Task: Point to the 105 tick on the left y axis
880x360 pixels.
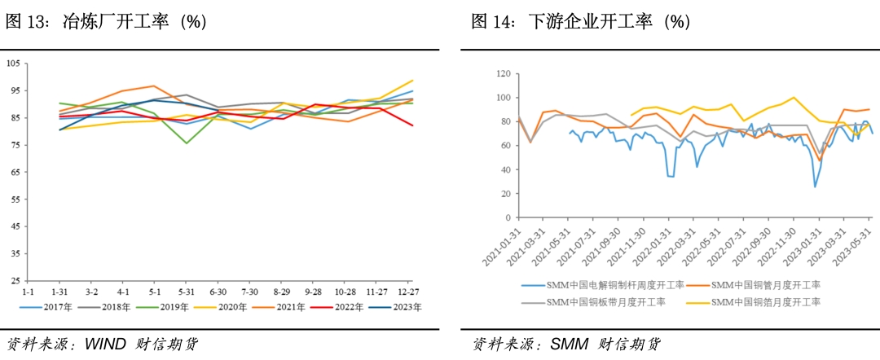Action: click(14, 63)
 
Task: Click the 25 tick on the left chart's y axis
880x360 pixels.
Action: click(15, 281)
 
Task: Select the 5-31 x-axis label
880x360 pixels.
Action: click(186, 291)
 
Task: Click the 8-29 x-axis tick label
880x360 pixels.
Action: click(282, 291)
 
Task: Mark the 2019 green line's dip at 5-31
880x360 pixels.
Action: click(186, 143)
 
